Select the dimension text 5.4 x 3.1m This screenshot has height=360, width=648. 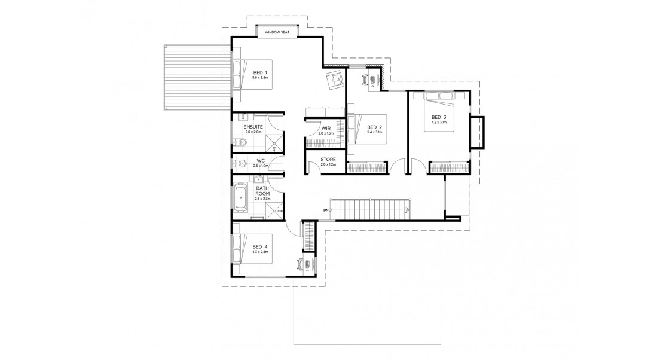[x=375, y=133]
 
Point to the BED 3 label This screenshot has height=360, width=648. [x=439, y=117]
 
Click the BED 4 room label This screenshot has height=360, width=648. [x=259, y=246]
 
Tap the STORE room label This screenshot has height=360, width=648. [x=328, y=159]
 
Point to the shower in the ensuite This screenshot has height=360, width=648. [x=274, y=142]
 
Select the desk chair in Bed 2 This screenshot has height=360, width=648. [x=365, y=80]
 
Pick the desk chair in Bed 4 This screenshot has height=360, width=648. [x=298, y=263]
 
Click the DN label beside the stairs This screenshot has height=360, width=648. [x=326, y=210]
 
